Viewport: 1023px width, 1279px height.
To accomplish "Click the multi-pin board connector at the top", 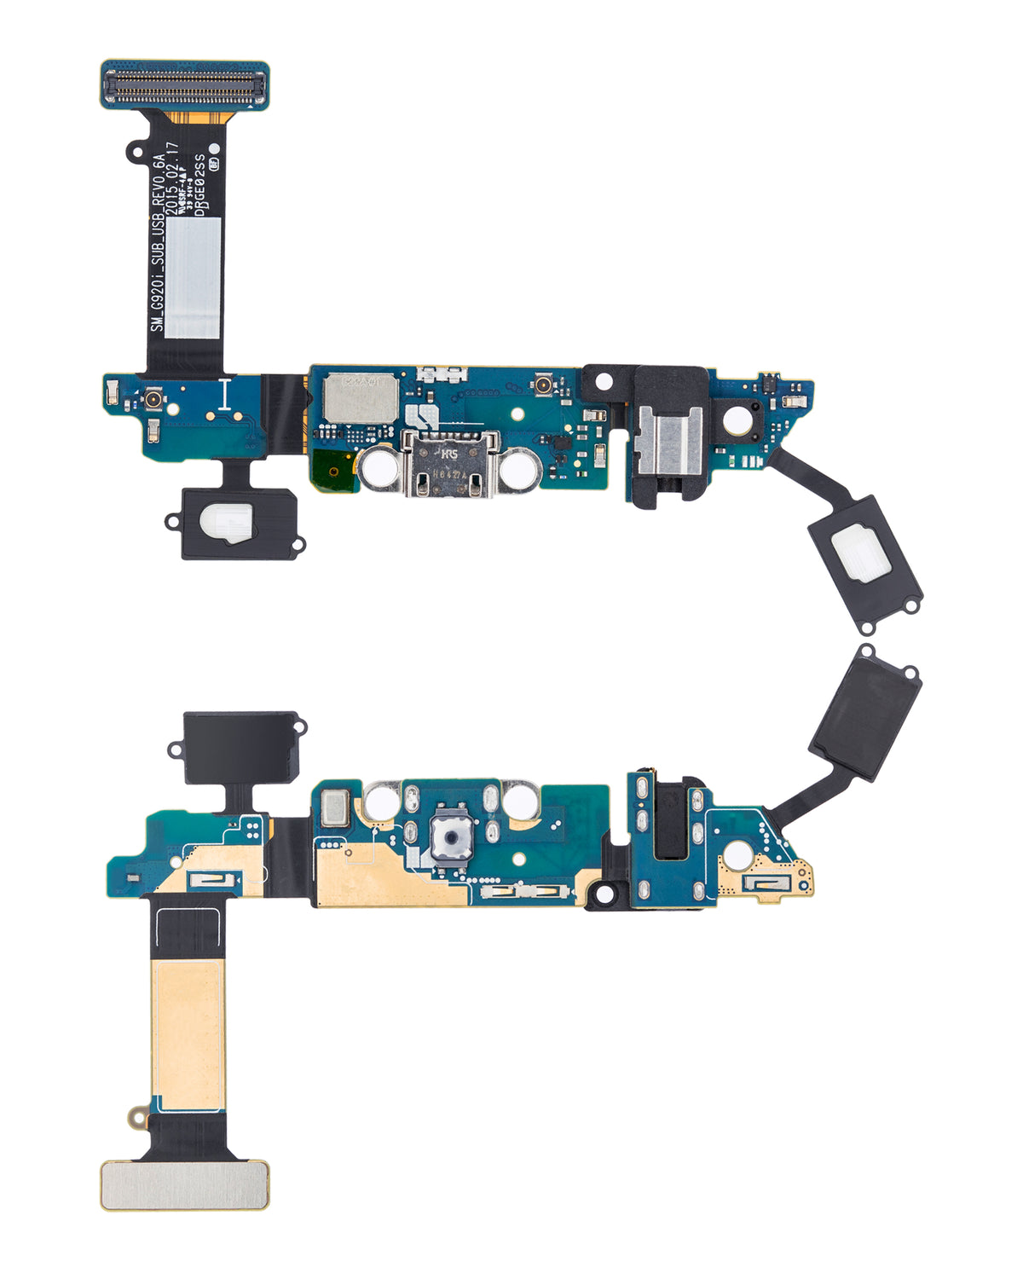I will coord(185,84).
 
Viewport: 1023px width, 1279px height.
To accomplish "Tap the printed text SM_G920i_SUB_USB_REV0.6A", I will coord(156,242).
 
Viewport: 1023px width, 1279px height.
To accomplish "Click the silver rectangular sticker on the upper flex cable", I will coord(192,276).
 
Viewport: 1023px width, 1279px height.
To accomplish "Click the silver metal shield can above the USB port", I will coord(358,396).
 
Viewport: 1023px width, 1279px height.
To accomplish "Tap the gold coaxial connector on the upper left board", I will coord(154,399).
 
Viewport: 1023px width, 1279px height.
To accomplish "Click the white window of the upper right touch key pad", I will coord(863,558).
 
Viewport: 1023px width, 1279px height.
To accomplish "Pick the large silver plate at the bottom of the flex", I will coord(184,1185).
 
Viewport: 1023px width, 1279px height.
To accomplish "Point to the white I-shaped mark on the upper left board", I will coord(224,396).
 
